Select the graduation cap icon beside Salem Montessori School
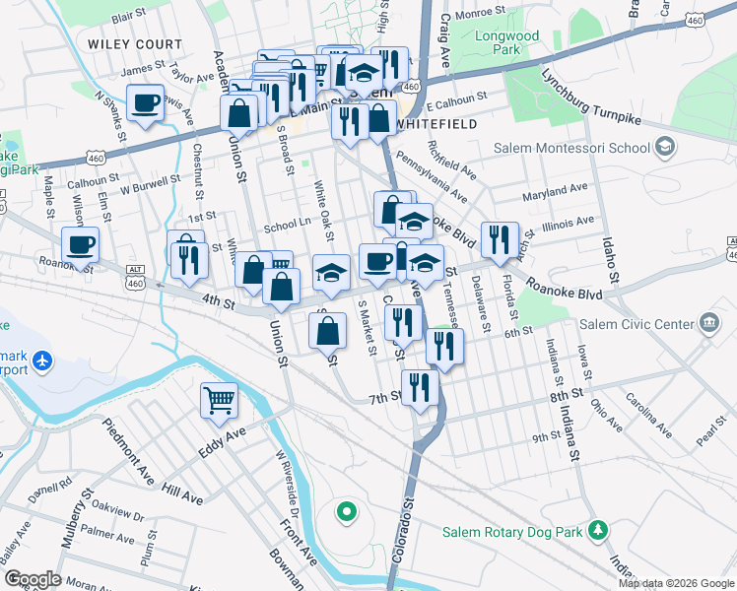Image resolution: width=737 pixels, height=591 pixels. (x=665, y=148)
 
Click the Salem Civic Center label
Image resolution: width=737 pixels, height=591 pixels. (x=639, y=325)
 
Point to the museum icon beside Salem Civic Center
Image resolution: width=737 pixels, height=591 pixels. (x=708, y=324)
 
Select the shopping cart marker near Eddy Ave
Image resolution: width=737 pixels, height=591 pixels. (x=220, y=400)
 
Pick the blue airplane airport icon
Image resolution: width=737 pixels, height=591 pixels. (x=41, y=361)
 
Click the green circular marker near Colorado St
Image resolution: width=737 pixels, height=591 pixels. (x=346, y=511)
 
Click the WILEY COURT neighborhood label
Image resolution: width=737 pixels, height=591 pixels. (x=135, y=44)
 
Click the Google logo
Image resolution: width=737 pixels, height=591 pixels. (x=33, y=579)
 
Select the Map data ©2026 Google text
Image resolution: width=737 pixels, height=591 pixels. (x=676, y=583)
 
